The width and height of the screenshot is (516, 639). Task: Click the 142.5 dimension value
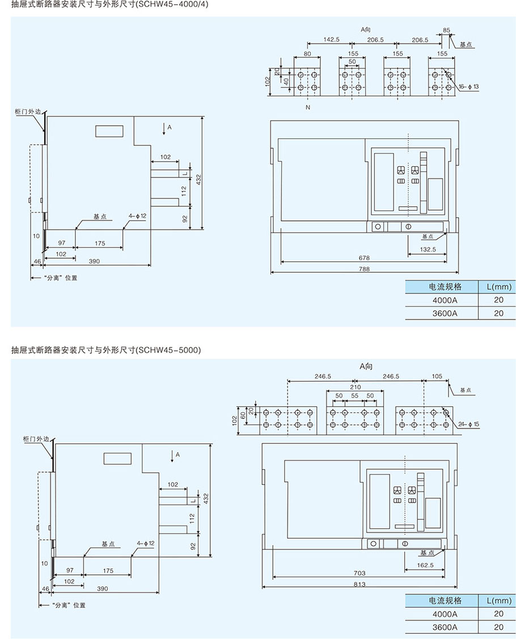pyautogui.click(x=331, y=40)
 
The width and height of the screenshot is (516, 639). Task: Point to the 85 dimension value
pyautogui.click(x=446, y=30)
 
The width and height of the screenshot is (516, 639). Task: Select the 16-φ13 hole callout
pyautogui.click(x=469, y=87)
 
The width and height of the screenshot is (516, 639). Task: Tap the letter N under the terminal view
pyautogui.click(x=308, y=108)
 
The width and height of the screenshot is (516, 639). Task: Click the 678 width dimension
pyautogui.click(x=364, y=257)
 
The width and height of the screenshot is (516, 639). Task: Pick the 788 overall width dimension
pyautogui.click(x=364, y=269)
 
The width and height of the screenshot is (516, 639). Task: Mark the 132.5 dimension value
pyautogui.click(x=428, y=249)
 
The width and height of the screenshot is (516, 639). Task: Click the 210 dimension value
pyautogui.click(x=356, y=387)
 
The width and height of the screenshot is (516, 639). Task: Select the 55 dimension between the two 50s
pyautogui.click(x=354, y=396)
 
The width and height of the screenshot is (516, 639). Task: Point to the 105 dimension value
pyautogui.click(x=437, y=376)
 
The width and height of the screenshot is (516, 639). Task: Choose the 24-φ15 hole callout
pyautogui.click(x=469, y=424)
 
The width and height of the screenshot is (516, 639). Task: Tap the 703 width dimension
pyautogui.click(x=359, y=573)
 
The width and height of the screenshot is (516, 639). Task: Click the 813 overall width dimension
pyautogui.click(x=359, y=584)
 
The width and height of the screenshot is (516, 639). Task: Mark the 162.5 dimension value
pyautogui.click(x=425, y=565)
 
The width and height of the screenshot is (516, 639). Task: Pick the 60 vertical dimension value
pyautogui.click(x=243, y=415)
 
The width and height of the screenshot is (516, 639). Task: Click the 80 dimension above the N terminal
pyautogui.click(x=307, y=53)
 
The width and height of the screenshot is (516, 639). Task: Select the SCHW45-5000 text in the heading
pyautogui.click(x=169, y=350)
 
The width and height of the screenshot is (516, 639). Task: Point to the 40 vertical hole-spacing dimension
pyautogui.click(x=286, y=82)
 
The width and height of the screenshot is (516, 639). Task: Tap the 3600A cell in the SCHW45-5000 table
pyautogui.click(x=445, y=627)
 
